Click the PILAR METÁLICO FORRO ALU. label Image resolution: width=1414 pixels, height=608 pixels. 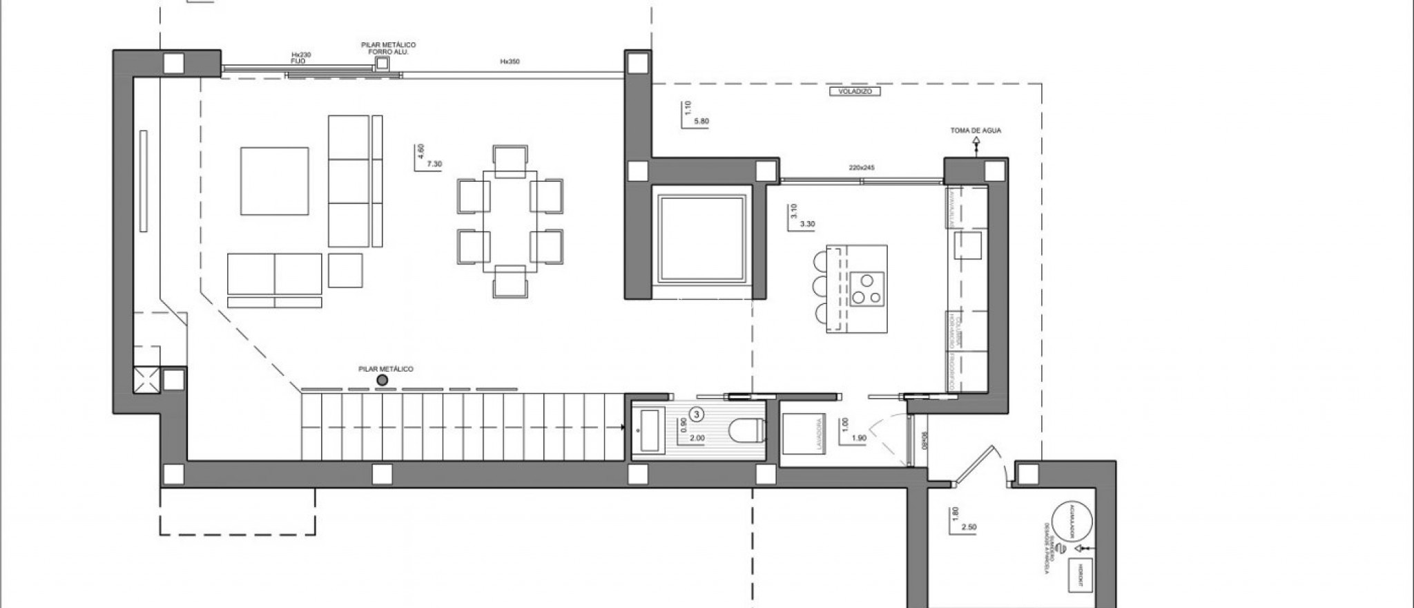pyautogui.click(x=388, y=48)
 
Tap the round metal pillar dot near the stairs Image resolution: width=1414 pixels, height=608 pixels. pyautogui.click(x=382, y=380)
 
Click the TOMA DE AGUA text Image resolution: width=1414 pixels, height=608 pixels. pyautogui.click(x=976, y=131)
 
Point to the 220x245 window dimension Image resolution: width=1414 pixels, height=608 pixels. pyautogui.click(x=862, y=168)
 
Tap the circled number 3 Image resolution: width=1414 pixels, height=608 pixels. pyautogui.click(x=697, y=415)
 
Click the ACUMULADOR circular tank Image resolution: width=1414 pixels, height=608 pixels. pyautogui.click(x=1072, y=520)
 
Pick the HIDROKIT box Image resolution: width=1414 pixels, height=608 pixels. pyautogui.click(x=1081, y=575)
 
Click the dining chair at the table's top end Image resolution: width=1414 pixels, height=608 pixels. pyautogui.click(x=510, y=157)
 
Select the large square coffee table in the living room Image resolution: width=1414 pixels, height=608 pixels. pyautogui.click(x=275, y=180)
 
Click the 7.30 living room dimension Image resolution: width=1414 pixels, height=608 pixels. pyautogui.click(x=434, y=164)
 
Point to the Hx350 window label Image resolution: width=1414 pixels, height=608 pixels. pyautogui.click(x=510, y=61)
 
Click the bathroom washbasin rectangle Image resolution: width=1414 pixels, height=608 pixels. pyautogui.click(x=650, y=430)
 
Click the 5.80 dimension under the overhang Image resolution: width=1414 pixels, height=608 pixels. pyautogui.click(x=701, y=122)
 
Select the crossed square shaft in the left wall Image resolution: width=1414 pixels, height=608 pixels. pyautogui.click(x=146, y=380)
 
